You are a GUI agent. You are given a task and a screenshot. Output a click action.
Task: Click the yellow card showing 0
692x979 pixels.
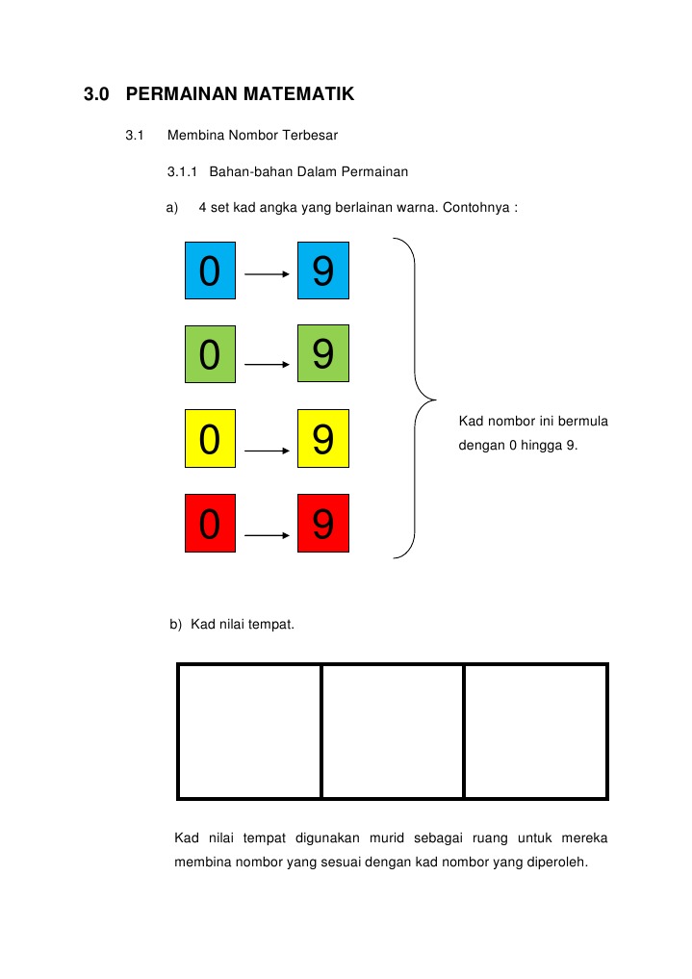pyautogui.click(x=210, y=440)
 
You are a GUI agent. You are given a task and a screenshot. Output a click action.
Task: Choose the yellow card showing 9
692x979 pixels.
pyautogui.click(x=322, y=440)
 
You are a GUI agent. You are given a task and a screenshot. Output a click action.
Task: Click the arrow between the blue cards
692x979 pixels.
pyautogui.click(x=268, y=274)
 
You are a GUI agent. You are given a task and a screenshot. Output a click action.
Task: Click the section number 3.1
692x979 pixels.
pyautogui.click(x=134, y=135)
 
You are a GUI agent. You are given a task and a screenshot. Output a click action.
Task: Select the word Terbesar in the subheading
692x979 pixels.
pyautogui.click(x=308, y=135)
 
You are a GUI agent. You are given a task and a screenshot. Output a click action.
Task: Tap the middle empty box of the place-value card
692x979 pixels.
pyautogui.click(x=392, y=731)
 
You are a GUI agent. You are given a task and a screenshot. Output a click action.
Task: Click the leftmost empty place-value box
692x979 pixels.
pyautogui.click(x=249, y=731)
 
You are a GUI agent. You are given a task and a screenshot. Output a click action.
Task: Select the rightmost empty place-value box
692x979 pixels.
pyautogui.click(x=535, y=731)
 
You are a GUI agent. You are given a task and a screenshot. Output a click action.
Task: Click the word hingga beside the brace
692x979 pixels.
pyautogui.click(x=538, y=446)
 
